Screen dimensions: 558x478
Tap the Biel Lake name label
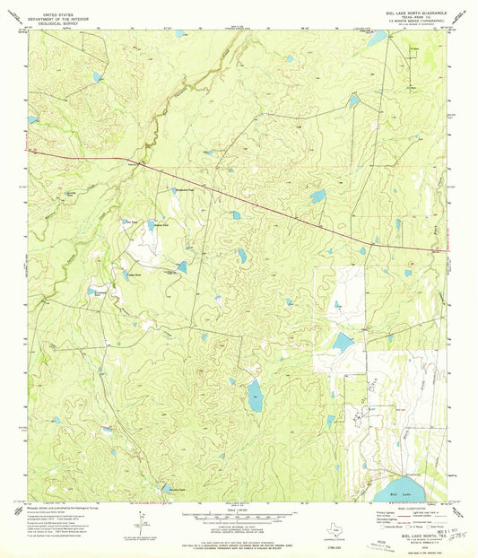(402, 492)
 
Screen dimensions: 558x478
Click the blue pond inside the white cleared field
(343, 341)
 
